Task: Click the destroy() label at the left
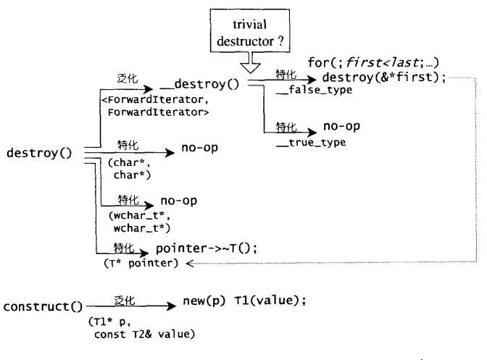coord(38,154)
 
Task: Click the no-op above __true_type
coord(343,127)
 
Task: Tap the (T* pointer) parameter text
coord(141,262)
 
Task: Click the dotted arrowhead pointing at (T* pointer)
coord(191,263)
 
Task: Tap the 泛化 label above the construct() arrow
coord(125,298)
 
